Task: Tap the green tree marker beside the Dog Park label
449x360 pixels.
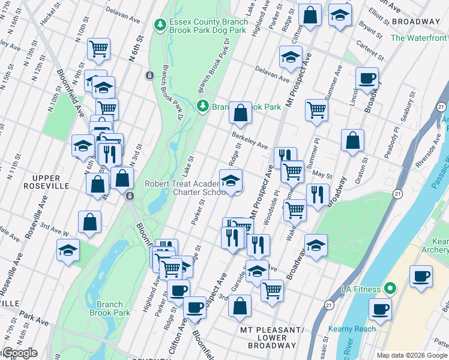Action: click(x=160, y=25)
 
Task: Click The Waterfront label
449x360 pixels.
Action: click(x=419, y=38)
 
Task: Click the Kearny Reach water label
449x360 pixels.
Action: click(x=352, y=329)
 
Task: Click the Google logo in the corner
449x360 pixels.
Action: click(x=19, y=353)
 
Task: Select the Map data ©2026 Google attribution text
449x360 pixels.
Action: click(x=412, y=355)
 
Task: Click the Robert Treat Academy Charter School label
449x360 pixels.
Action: click(x=182, y=188)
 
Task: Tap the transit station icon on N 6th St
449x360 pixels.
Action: click(x=149, y=75)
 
